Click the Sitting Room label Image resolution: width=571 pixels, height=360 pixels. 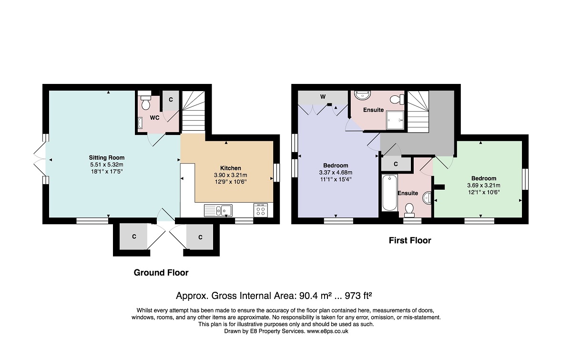point(107,158)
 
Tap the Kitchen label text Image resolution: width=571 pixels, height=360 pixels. point(231,168)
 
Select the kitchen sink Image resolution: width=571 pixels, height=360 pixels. point(218,210)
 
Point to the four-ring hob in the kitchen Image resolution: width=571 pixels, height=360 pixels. point(261,210)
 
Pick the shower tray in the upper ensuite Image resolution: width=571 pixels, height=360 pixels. point(395,120)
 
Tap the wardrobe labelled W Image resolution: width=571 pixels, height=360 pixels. point(323,97)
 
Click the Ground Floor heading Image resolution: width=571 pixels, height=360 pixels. point(161,273)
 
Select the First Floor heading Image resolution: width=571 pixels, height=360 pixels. point(410,240)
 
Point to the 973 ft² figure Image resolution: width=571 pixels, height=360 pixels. point(358,296)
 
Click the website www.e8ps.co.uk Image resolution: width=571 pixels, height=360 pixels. point(327,331)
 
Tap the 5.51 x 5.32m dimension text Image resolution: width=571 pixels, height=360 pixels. point(107,165)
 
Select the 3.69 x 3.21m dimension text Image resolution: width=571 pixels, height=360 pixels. point(484,185)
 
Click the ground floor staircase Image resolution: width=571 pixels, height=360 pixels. point(194,111)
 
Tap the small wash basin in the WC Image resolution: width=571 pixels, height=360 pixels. point(141,123)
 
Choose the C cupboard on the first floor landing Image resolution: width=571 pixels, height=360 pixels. point(396,164)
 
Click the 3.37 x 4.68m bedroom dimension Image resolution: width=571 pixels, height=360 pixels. point(336,172)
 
